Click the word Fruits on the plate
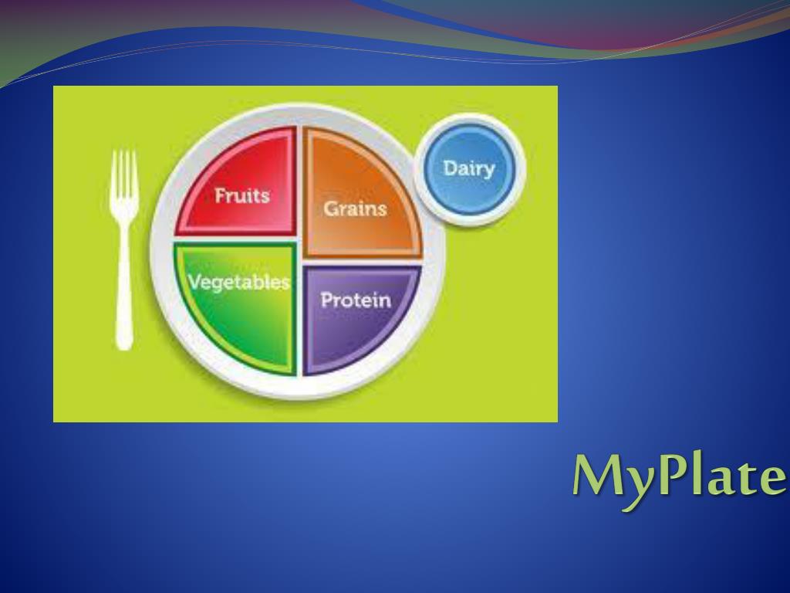(x=242, y=195)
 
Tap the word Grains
(x=355, y=208)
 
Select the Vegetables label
(x=239, y=283)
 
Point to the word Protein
(x=356, y=300)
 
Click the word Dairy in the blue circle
(x=469, y=169)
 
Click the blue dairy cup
(x=470, y=169)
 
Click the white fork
(x=124, y=249)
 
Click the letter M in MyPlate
(x=599, y=476)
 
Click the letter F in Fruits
(x=220, y=195)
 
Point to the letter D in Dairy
(x=450, y=168)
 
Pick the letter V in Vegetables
(x=195, y=281)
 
